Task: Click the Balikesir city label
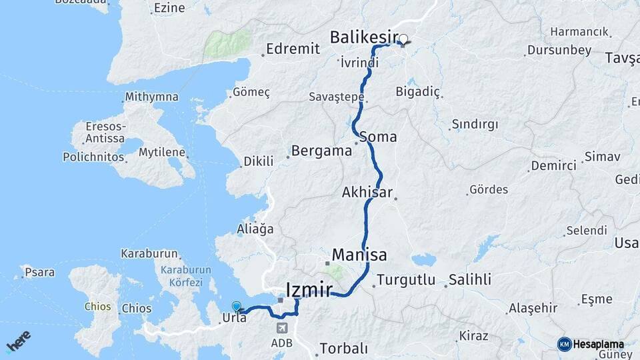coord(363,37)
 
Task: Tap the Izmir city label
coord(309,290)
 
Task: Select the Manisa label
coord(359,255)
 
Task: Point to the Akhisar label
coord(367,192)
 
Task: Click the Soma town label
coord(378,137)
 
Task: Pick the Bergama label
coord(322,151)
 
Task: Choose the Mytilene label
coord(161,152)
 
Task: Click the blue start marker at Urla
coord(237,307)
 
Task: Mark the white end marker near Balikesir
coord(403,39)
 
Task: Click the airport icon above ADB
coord(281,328)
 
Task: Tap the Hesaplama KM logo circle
coord(565,344)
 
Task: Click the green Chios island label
coord(97,307)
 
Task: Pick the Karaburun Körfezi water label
coord(181,276)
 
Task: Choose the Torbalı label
coord(343,348)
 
